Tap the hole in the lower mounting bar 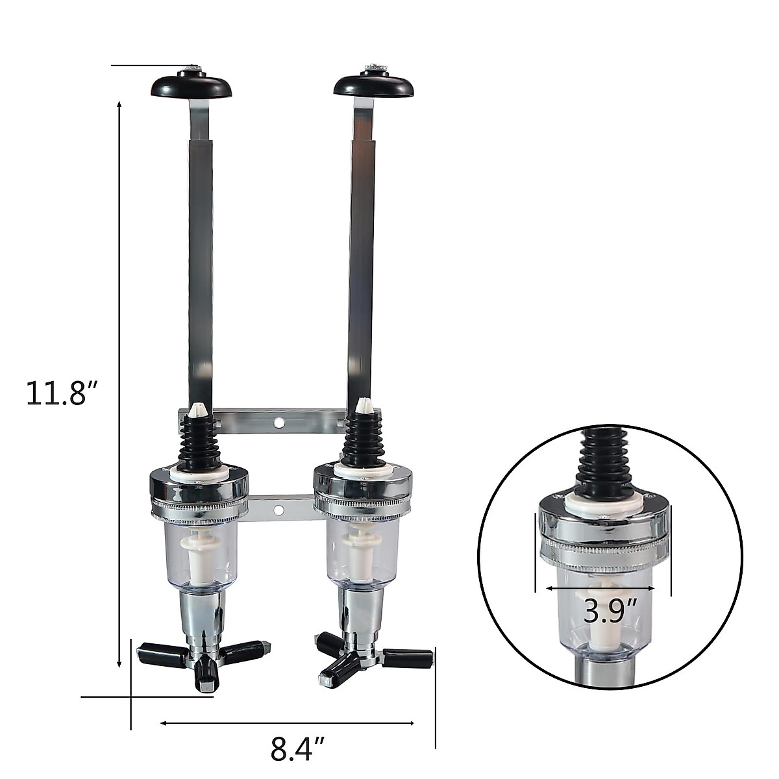click(x=278, y=510)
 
